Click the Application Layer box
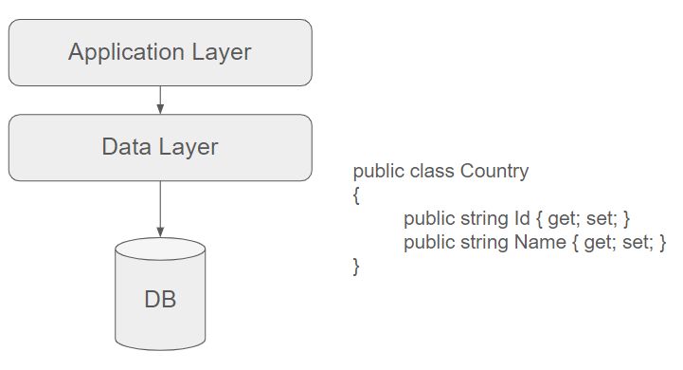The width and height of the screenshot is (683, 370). coord(160,52)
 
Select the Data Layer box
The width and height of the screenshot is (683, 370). coord(160,147)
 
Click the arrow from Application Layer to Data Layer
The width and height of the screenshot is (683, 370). coord(160,99)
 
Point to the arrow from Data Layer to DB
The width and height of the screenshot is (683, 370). coord(160,209)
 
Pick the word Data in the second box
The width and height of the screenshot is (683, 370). coord(124,147)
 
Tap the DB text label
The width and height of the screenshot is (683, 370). coord(160,301)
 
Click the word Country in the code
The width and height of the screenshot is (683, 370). coord(494,172)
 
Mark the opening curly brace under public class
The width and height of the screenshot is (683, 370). coord(356,195)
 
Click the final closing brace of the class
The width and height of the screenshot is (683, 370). coord(356,267)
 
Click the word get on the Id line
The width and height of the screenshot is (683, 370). coord(562,219)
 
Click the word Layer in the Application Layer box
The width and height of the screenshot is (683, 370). coord(220,52)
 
